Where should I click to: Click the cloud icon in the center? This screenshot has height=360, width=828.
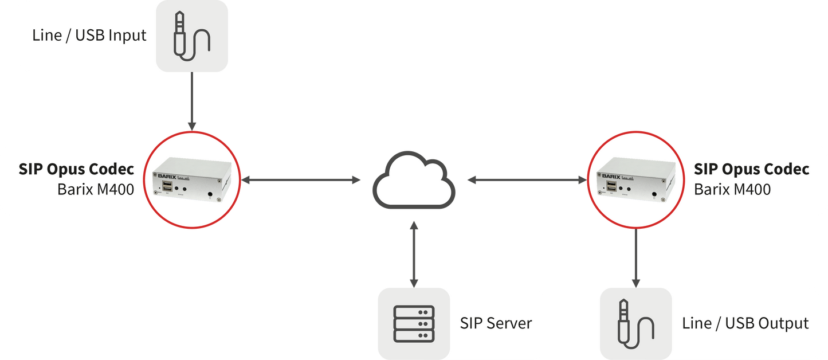(x=414, y=181)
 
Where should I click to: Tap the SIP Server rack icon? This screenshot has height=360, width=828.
(x=414, y=324)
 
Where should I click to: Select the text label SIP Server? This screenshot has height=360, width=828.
(x=496, y=323)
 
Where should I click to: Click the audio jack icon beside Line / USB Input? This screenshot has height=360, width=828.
(x=192, y=36)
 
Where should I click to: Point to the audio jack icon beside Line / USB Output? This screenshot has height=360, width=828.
(x=634, y=324)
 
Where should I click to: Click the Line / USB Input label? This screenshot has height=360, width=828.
(x=89, y=36)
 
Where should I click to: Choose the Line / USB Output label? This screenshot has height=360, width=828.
(x=745, y=323)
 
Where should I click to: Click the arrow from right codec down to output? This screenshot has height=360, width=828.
(x=635, y=258)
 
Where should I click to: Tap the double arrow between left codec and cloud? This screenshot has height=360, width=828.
(x=301, y=181)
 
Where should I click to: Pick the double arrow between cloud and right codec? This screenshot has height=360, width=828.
(x=527, y=181)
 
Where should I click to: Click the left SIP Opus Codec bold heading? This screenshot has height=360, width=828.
(x=76, y=170)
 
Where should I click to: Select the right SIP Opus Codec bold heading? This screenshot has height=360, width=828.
(x=751, y=170)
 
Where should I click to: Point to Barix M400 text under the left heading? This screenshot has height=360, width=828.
(x=95, y=189)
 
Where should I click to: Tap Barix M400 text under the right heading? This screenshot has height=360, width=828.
(x=732, y=189)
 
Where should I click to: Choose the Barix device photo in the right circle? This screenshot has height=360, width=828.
(x=635, y=180)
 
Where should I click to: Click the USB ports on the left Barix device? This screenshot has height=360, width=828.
(x=167, y=187)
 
